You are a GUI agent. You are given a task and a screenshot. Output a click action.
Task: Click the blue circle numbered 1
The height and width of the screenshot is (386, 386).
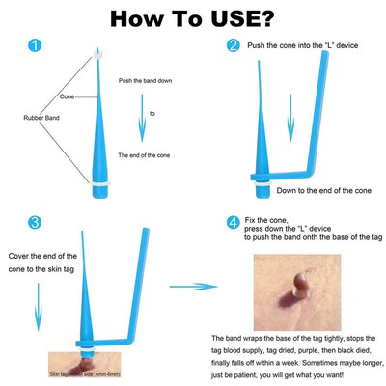(x=37, y=45)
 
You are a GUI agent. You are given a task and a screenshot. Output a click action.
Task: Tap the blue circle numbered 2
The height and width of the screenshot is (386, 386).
(x=233, y=45)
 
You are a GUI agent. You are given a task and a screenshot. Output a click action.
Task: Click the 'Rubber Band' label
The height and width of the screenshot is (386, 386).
(x=42, y=118)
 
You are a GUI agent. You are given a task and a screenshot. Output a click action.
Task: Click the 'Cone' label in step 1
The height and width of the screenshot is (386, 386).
(x=67, y=97)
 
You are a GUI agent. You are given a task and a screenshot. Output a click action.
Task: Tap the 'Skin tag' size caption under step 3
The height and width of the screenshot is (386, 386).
(x=84, y=372)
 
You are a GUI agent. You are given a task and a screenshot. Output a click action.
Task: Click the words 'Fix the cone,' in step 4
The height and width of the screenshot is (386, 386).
(x=268, y=221)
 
